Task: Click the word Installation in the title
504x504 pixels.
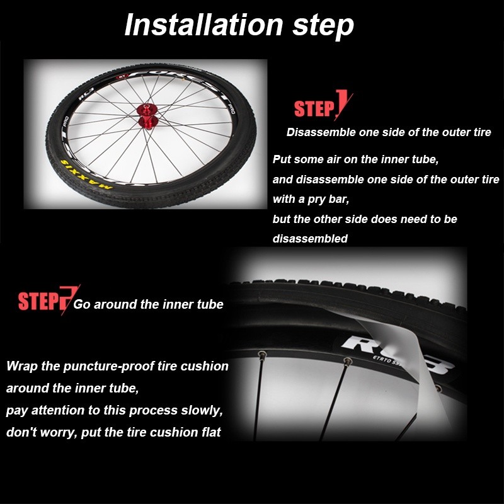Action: coord(203,25)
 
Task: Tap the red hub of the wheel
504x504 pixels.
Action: coord(147,116)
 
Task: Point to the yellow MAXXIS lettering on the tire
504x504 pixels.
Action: coord(86,175)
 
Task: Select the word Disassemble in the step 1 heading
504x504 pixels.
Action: coord(321,132)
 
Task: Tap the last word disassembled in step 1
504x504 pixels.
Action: coord(310,239)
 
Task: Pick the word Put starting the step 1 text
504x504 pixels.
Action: coord(282,159)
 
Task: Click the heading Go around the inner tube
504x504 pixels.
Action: coord(148,304)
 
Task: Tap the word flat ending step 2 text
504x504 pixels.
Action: coord(211,432)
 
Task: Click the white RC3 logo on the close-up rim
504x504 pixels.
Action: coord(397,353)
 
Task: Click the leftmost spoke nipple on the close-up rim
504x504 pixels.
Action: coord(263,355)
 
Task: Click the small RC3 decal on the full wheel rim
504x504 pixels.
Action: coord(86,93)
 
